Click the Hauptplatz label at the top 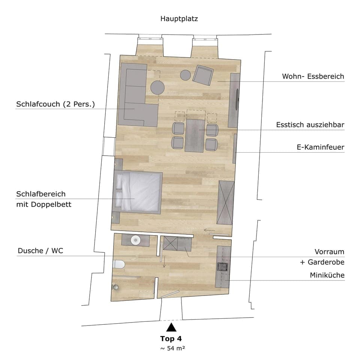(179, 18)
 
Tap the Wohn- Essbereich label (313, 76)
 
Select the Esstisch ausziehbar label (310, 125)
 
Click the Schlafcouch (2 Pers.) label (55, 104)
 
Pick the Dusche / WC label (40, 251)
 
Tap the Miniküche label (327, 275)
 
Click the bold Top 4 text (171, 339)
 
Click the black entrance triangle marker (171, 327)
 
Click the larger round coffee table (157, 88)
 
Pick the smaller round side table (186, 75)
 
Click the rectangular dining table (194, 135)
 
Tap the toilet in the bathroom (118, 265)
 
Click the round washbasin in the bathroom (135, 240)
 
